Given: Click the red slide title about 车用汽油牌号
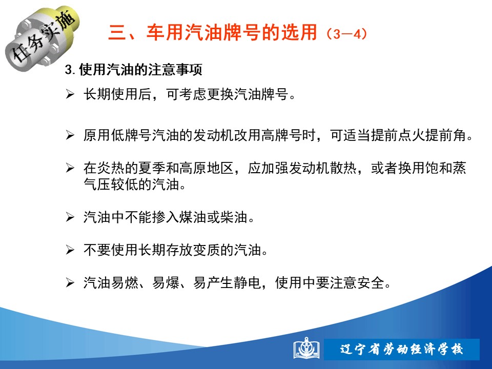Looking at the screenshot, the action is pyautogui.click(x=212, y=32).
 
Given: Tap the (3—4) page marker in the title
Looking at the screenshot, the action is pyautogui.click(x=346, y=34).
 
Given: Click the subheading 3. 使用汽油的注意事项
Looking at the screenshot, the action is pyautogui.click(x=133, y=69).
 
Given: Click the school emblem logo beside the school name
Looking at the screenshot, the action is pyautogui.click(x=306, y=348).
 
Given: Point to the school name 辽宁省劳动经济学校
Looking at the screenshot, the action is pyautogui.click(x=402, y=349).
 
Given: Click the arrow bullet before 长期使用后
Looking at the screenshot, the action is pyautogui.click(x=70, y=94).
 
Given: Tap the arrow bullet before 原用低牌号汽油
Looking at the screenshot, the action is pyautogui.click(x=70, y=135).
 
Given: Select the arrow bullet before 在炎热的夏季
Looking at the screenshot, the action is pyautogui.click(x=70, y=168).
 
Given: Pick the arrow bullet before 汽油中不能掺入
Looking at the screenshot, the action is pyautogui.click(x=70, y=217).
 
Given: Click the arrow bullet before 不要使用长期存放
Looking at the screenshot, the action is pyautogui.click(x=70, y=250).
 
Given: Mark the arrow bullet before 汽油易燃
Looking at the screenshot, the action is pyautogui.click(x=70, y=283).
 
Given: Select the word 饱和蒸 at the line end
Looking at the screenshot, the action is pyautogui.click(x=445, y=168).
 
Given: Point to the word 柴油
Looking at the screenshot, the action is pyautogui.click(x=234, y=217).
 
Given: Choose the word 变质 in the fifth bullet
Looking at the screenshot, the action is pyautogui.click(x=207, y=250).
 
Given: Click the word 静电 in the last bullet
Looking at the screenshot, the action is pyautogui.click(x=248, y=283).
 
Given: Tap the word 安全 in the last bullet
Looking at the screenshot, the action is pyautogui.click(x=371, y=283).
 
